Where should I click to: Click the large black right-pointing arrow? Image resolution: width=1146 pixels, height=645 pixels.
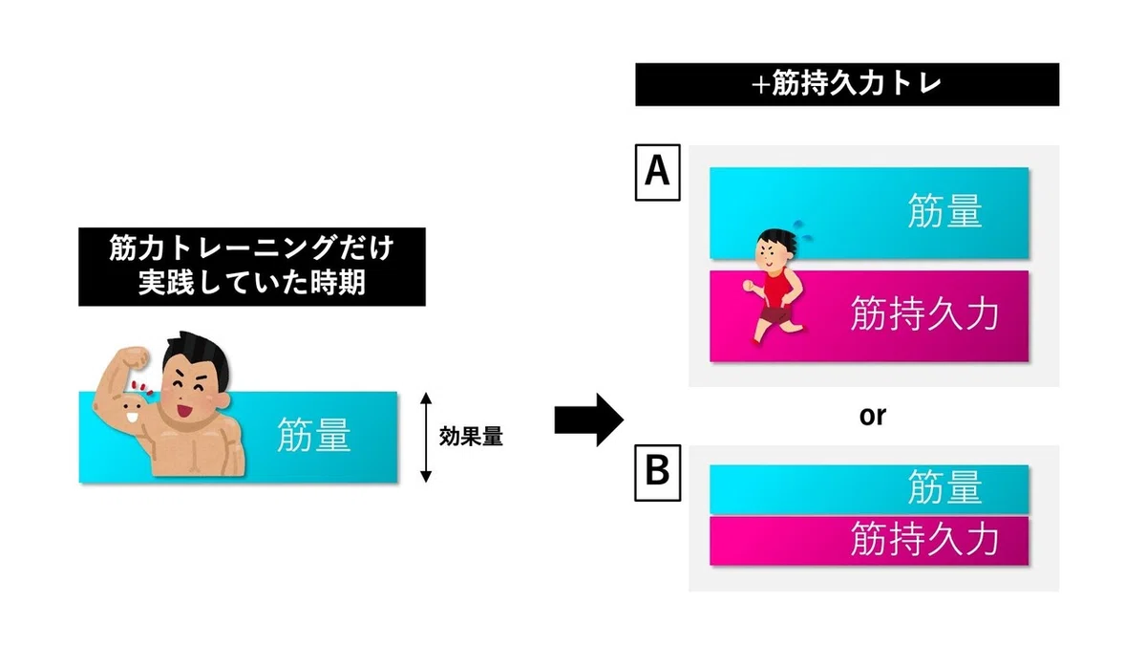[589, 419]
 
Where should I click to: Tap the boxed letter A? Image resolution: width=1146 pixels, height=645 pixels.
[657, 172]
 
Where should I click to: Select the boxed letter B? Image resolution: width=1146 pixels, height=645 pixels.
[657, 472]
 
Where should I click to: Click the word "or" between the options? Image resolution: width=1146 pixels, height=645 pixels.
[872, 417]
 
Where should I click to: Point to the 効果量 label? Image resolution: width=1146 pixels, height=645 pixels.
[471, 437]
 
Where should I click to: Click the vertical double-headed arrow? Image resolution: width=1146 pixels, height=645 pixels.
[426, 438]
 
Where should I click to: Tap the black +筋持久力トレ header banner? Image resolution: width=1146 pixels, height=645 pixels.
[847, 84]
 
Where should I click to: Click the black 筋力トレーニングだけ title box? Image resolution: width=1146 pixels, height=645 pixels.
[252, 267]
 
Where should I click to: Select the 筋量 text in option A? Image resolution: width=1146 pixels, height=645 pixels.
[944, 211]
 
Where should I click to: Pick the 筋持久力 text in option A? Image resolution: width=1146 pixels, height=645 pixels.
[924, 313]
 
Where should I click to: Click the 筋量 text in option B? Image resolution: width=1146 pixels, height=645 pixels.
[944, 486]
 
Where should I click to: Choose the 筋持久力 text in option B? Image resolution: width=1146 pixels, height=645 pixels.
[924, 539]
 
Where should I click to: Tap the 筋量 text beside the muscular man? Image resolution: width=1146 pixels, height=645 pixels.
[313, 435]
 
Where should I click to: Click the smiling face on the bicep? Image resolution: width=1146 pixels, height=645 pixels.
[132, 410]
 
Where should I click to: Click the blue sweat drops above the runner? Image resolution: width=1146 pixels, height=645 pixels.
[802, 231]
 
